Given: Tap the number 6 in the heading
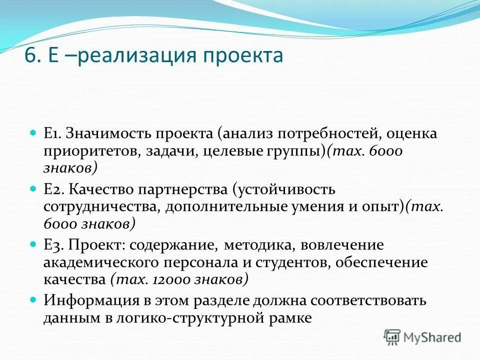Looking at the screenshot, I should pyautogui.click(x=31, y=55).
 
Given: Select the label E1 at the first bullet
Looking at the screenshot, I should pyautogui.click(x=52, y=134).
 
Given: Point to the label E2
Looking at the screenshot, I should pyautogui.click(x=53, y=189).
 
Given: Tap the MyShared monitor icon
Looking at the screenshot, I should pyautogui.click(x=392, y=337).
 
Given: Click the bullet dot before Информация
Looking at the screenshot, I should pyautogui.click(x=34, y=300).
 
